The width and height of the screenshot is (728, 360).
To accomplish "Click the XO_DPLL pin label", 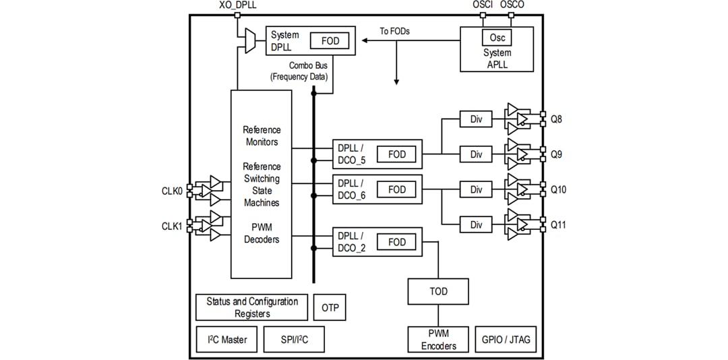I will [x=237, y=5].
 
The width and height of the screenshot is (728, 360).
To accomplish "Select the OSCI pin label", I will [x=483, y=5].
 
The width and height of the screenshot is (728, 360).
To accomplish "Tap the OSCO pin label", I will [x=512, y=5].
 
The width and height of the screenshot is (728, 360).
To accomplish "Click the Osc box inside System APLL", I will [x=497, y=38].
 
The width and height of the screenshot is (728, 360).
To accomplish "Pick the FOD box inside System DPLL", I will [x=330, y=41].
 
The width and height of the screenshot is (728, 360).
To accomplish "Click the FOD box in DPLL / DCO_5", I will [x=397, y=154].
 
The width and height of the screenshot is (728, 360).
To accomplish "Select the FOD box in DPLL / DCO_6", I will [x=397, y=190].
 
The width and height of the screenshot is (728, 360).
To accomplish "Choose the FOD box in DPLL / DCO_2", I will [x=397, y=242].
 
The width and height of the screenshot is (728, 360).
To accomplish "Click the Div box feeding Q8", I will [x=477, y=119].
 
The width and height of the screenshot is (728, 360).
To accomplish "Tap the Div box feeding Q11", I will [x=477, y=224].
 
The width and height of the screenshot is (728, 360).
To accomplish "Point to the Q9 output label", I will [x=557, y=154].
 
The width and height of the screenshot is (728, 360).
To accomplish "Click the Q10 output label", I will [x=559, y=190].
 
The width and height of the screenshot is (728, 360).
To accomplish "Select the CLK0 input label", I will [x=172, y=191].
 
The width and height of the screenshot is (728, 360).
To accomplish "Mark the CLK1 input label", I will [x=172, y=226].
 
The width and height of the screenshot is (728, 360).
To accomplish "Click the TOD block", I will [x=438, y=291].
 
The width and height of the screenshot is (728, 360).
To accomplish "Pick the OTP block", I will [x=330, y=307].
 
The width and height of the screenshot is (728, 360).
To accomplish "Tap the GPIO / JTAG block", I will [x=506, y=340].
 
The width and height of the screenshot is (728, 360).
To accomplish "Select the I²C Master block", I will [x=226, y=340].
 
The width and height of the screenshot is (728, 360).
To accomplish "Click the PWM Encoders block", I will [x=438, y=340].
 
